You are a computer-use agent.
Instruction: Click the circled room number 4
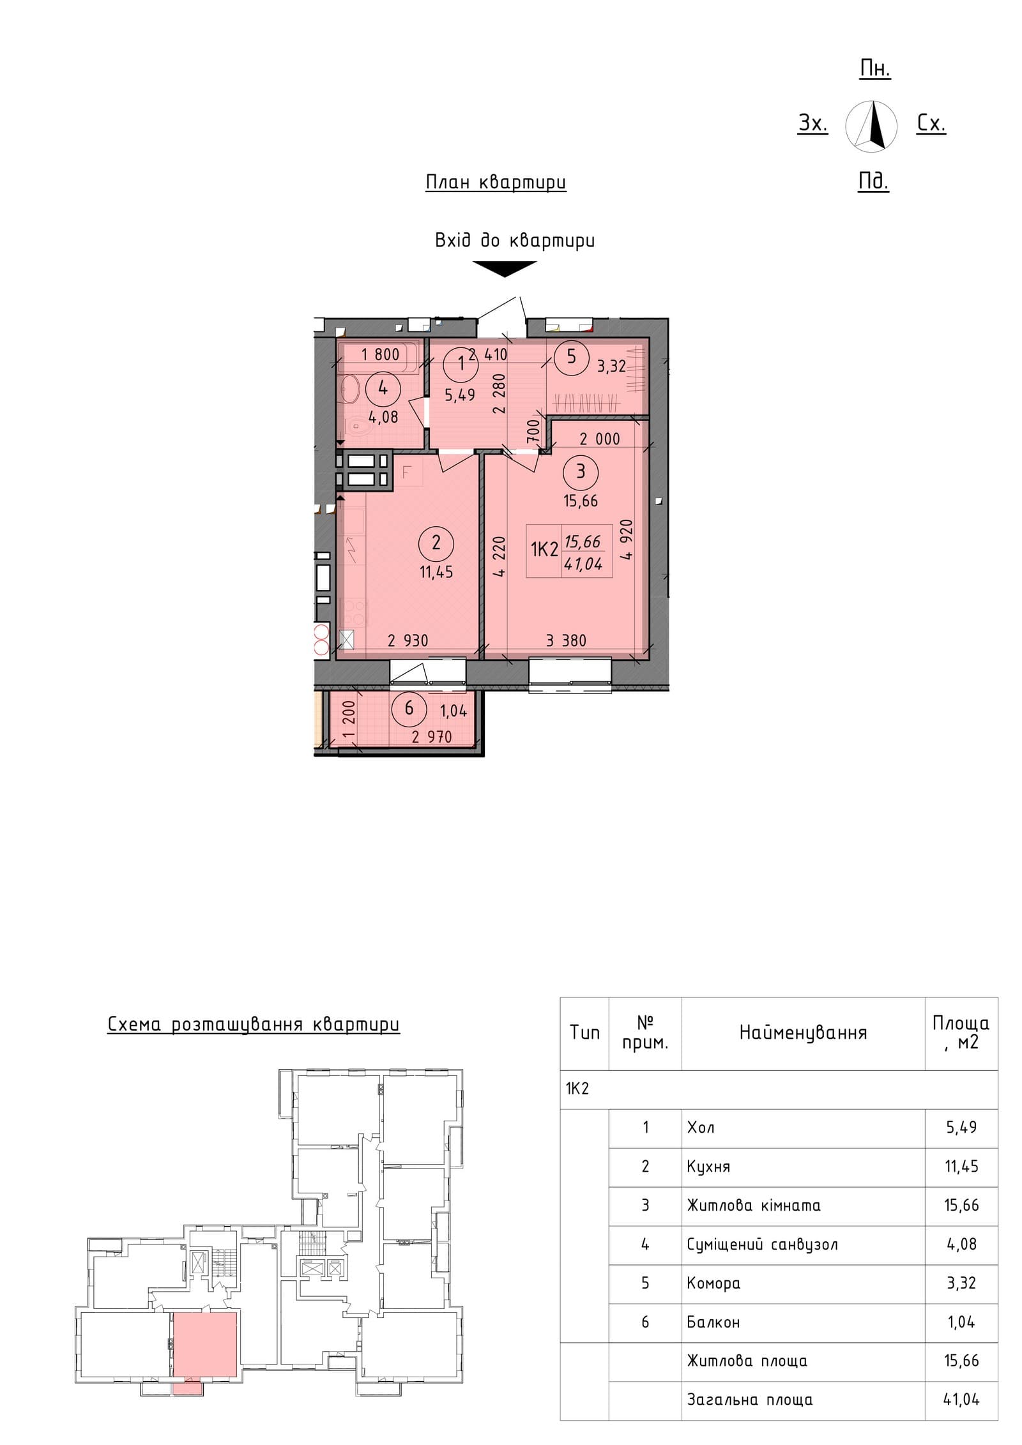[383, 388]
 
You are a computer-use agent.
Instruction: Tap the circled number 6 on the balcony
[409, 708]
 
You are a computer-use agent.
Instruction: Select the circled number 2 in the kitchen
[436, 543]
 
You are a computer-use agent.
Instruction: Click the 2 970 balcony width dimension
[432, 737]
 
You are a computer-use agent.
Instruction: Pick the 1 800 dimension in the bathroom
[380, 354]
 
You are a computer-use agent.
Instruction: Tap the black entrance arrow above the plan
[505, 269]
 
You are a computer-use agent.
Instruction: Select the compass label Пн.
[875, 68]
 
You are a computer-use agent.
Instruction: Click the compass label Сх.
[931, 123]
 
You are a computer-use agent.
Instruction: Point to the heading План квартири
[496, 183]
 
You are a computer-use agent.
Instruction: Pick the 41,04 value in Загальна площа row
[961, 1400]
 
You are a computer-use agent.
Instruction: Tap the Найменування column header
[803, 1033]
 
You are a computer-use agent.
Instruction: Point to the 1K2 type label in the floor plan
[544, 549]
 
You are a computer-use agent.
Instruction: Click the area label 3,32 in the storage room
[611, 367]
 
